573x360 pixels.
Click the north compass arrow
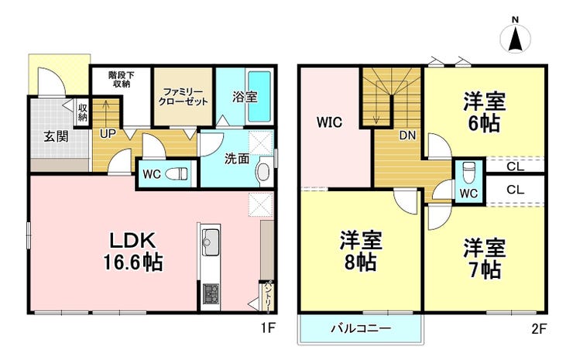tap(515, 39)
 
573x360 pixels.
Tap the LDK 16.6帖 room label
tap(133, 252)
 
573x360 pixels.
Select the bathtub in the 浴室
tap(259, 97)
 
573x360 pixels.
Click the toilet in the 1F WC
tap(176, 174)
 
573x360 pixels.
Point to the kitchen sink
tap(211, 242)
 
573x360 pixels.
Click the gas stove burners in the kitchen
tap(211, 294)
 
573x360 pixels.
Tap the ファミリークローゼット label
tap(183, 97)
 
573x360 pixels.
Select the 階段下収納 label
tap(121, 79)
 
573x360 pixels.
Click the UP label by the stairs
tap(108, 134)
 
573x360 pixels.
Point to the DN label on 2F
tap(407, 135)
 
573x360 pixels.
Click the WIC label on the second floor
tap(330, 122)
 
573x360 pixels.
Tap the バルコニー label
tap(361, 327)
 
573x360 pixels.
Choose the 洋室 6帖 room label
tap(485, 112)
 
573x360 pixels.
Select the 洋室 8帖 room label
tap(361, 251)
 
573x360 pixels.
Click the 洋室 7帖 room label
tap(485, 258)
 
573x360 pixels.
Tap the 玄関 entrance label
tap(56, 136)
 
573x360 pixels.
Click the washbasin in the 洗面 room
tap(263, 171)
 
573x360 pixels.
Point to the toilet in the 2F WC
tap(468, 171)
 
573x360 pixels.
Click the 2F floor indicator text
tap(540, 329)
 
